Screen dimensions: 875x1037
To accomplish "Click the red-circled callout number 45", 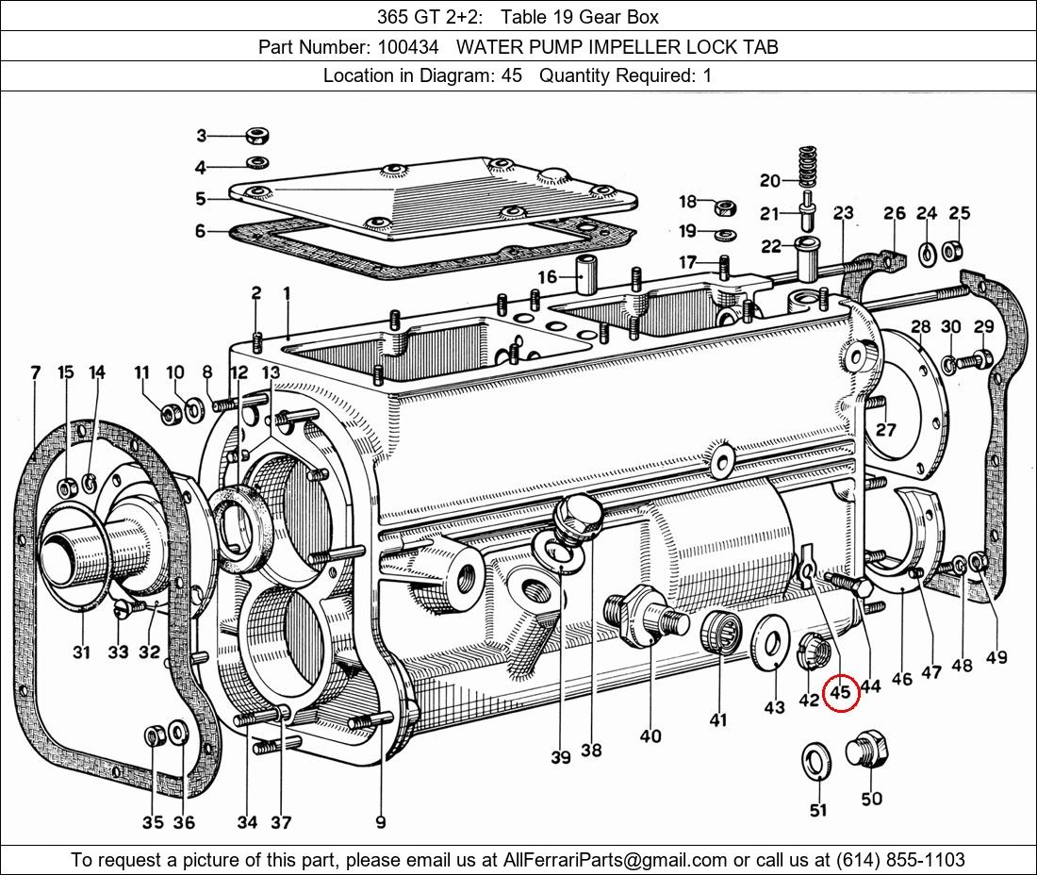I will tap(839, 692).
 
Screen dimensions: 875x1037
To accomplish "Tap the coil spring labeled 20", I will tap(806, 167).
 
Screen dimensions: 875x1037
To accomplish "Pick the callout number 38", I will tap(591, 751).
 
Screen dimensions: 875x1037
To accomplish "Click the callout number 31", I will tap(81, 652).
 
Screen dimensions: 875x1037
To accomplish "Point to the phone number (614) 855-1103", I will tap(899, 859).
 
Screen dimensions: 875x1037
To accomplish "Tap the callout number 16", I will tap(548, 276).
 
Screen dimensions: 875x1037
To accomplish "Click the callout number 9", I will tap(380, 822).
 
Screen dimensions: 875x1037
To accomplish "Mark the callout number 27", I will tap(885, 430).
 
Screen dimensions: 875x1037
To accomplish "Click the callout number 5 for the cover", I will tap(201, 199).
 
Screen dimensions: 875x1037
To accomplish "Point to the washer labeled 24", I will tap(927, 251).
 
